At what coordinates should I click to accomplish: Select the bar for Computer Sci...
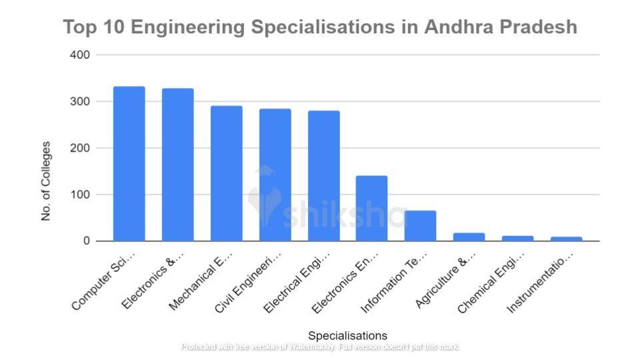(x=129, y=164)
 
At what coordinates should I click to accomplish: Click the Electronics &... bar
(x=177, y=165)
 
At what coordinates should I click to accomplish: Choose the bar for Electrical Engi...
(x=323, y=176)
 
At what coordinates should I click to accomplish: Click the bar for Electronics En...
(x=371, y=208)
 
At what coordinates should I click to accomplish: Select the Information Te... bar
(x=420, y=226)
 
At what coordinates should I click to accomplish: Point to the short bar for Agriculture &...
(x=469, y=237)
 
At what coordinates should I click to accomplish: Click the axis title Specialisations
(x=347, y=335)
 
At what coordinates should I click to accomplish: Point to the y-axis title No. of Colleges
(x=46, y=181)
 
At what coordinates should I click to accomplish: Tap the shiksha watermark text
(x=343, y=215)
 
